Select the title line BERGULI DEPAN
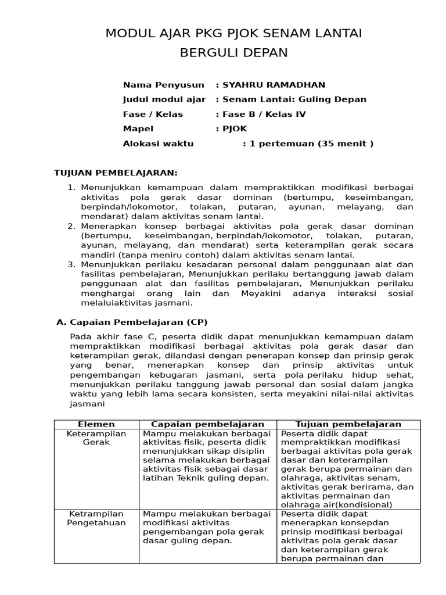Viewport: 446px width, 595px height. coord(233,53)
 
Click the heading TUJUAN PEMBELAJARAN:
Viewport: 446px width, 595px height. coord(116,173)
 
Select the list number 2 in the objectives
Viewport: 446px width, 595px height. coord(72,226)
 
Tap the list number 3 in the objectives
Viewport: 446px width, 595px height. coord(72,264)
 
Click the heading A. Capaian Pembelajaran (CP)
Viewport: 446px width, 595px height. coord(131,321)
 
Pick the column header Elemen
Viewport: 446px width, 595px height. coord(96,424)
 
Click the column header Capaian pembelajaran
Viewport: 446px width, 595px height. coord(208,424)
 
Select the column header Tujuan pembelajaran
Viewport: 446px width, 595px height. coord(348,424)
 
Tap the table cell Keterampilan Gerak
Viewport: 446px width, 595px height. coord(96,438)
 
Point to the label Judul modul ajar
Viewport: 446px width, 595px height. coord(164,99)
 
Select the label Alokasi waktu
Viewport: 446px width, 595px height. coord(158,144)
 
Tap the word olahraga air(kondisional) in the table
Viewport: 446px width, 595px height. coord(336,504)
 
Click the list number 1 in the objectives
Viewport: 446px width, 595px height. coord(72,188)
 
